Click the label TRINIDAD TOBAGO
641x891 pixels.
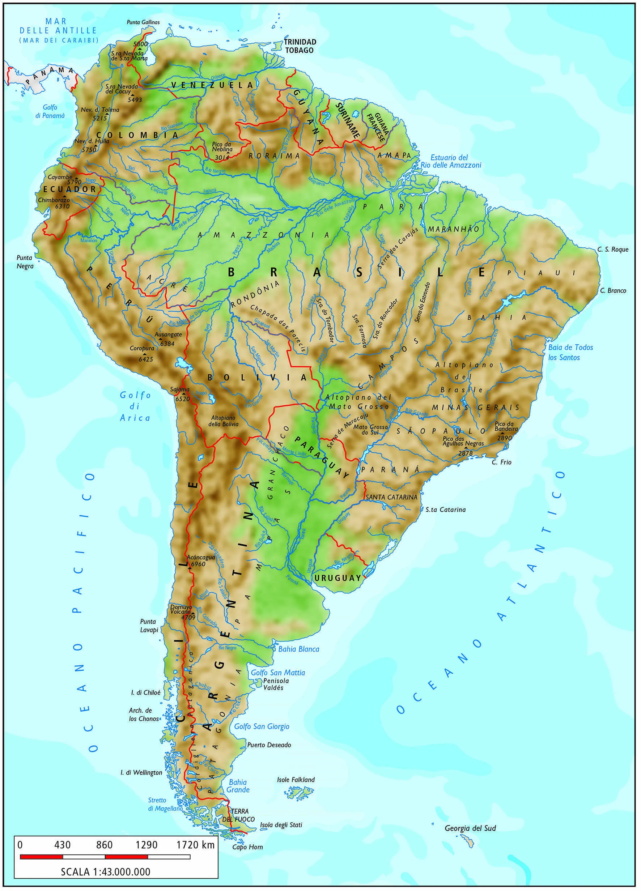[x=300, y=46]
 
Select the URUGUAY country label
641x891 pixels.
[x=338, y=578]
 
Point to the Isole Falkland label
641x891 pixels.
[x=296, y=779]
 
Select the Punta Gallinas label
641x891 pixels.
[x=143, y=22]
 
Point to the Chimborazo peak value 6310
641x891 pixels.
[x=63, y=206]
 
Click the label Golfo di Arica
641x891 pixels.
[x=135, y=406]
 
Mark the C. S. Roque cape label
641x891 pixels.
[x=613, y=249]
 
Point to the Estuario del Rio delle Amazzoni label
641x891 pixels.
[x=450, y=161]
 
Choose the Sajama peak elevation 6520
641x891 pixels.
[x=182, y=399]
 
